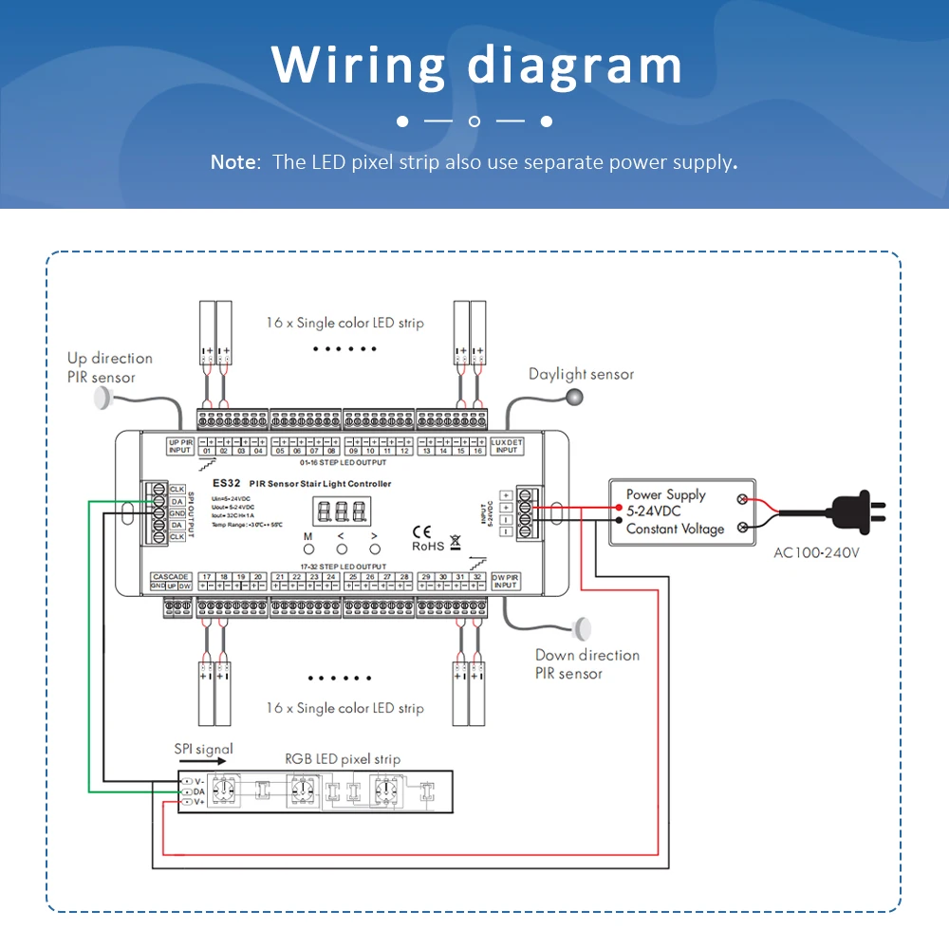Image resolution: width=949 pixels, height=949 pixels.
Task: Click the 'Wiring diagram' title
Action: (476, 65)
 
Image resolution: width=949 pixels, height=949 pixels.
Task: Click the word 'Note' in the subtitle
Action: (233, 162)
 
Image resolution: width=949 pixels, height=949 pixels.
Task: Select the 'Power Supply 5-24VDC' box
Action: (681, 512)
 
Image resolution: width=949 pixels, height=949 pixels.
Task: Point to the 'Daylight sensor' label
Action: (581, 374)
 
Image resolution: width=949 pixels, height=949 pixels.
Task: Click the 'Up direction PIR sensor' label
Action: (109, 367)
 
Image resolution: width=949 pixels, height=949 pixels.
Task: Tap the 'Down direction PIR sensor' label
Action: (586, 664)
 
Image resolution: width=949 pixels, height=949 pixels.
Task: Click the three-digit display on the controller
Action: (344, 512)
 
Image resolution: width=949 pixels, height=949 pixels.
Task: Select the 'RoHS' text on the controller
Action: (428, 546)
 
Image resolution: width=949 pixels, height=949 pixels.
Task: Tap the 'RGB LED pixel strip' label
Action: (343, 759)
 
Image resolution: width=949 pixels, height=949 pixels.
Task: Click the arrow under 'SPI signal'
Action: (201, 760)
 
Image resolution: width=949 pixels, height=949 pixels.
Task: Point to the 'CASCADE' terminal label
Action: (171, 577)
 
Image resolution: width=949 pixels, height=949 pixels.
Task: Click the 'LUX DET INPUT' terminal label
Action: (507, 446)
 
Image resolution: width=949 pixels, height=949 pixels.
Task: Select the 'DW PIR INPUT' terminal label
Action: (505, 581)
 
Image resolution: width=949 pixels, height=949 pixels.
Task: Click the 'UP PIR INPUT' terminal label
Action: (180, 446)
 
